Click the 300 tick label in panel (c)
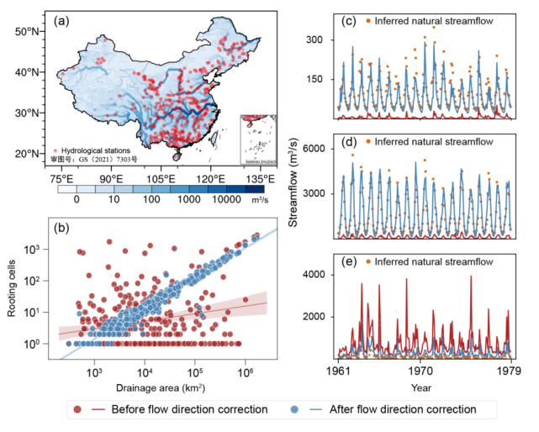tap(314, 40)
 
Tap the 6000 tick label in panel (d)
tap(310, 149)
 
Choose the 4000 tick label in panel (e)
tap(310, 275)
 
